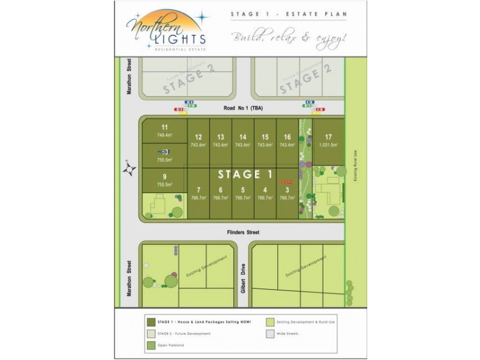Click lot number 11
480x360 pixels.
click(x=164, y=127)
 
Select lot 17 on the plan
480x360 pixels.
click(x=328, y=137)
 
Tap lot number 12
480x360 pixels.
click(x=198, y=137)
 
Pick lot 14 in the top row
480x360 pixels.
click(x=242, y=137)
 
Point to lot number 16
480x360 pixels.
click(x=287, y=137)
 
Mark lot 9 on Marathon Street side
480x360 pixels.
click(x=164, y=176)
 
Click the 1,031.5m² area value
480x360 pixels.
click(x=328, y=145)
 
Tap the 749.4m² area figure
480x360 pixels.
click(x=164, y=135)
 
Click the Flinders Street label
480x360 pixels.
click(x=242, y=232)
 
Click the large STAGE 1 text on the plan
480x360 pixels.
click(x=245, y=175)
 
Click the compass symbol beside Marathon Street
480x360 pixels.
click(x=128, y=170)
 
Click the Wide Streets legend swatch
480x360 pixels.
click(x=271, y=334)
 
